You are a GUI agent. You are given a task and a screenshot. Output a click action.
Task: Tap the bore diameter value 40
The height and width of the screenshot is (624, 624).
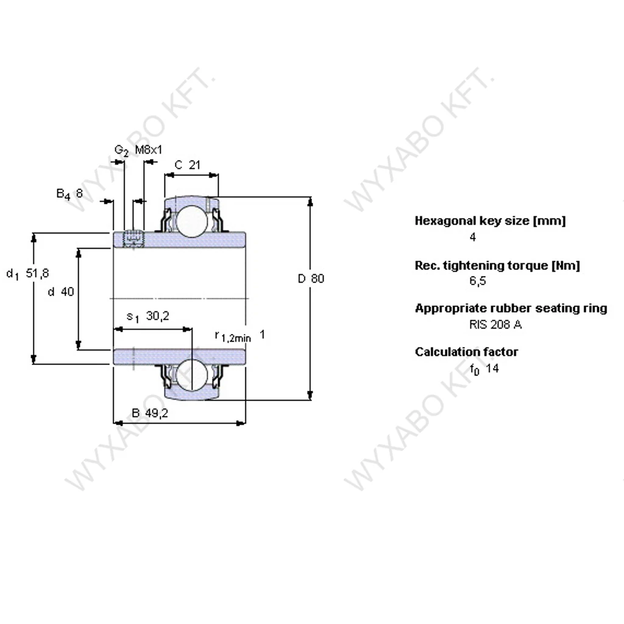[67, 292]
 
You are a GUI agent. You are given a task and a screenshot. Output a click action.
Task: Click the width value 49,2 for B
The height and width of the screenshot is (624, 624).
[157, 413]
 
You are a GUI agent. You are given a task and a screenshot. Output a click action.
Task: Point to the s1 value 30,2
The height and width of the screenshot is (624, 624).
[157, 316]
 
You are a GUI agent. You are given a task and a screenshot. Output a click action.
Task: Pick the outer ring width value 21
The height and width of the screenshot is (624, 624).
[194, 165]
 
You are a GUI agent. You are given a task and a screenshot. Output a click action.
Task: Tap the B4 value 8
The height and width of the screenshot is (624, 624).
[79, 194]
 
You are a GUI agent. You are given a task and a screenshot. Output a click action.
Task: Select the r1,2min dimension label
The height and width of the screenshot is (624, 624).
[233, 336]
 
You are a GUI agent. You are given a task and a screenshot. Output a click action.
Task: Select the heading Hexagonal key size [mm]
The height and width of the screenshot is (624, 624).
[490, 221]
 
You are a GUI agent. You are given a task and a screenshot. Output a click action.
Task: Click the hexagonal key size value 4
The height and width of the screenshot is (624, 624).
[473, 238]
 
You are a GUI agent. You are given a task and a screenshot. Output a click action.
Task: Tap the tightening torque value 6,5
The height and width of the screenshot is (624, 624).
[477, 282]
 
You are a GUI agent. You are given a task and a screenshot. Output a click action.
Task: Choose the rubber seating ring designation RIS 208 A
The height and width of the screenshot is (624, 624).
[495, 324]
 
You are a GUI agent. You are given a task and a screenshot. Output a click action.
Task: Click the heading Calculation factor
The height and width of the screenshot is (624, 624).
[466, 352]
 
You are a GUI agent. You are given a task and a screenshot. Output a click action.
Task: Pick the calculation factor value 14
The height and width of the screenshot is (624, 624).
[492, 369]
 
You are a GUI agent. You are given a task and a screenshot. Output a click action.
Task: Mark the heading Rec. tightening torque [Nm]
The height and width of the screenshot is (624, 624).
[497, 265]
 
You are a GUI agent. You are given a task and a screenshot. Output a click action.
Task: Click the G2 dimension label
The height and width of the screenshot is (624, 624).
[121, 151]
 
